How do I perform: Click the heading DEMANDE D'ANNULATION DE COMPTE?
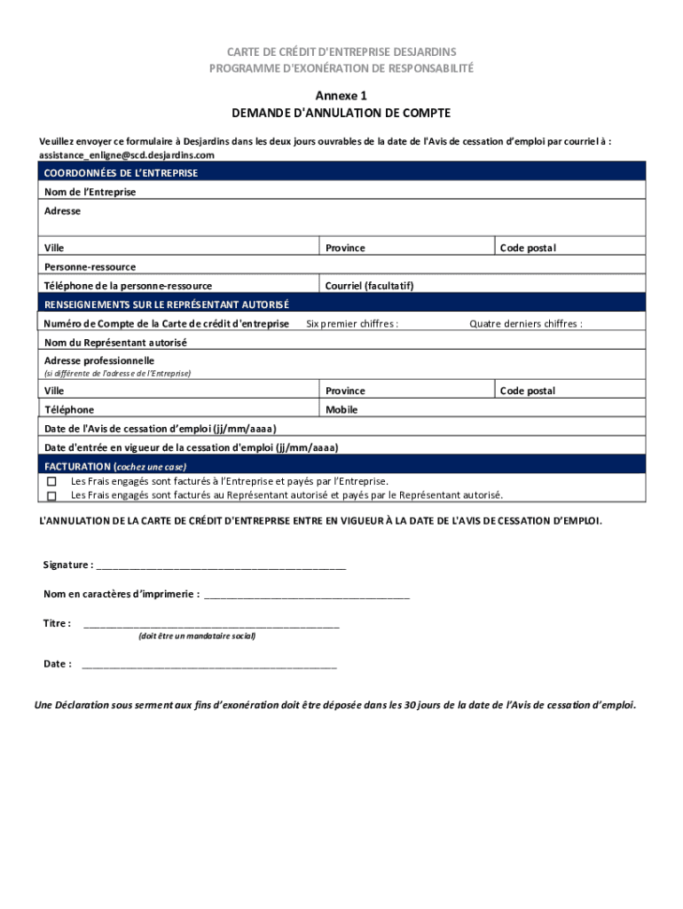341,114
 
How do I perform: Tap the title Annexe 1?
341,95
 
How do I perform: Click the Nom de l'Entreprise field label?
90,192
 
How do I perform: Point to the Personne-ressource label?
90,266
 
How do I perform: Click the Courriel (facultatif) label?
369,286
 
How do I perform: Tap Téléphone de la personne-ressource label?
129,286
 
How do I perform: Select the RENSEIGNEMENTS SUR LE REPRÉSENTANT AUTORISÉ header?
168,304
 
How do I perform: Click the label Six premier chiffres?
352,324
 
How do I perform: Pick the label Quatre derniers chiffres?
526,324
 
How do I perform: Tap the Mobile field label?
341,410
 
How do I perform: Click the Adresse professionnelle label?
99,361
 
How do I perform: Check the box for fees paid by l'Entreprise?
51,482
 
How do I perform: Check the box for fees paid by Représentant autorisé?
51,496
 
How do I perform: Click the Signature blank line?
221,565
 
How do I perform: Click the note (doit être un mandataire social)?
197,636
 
